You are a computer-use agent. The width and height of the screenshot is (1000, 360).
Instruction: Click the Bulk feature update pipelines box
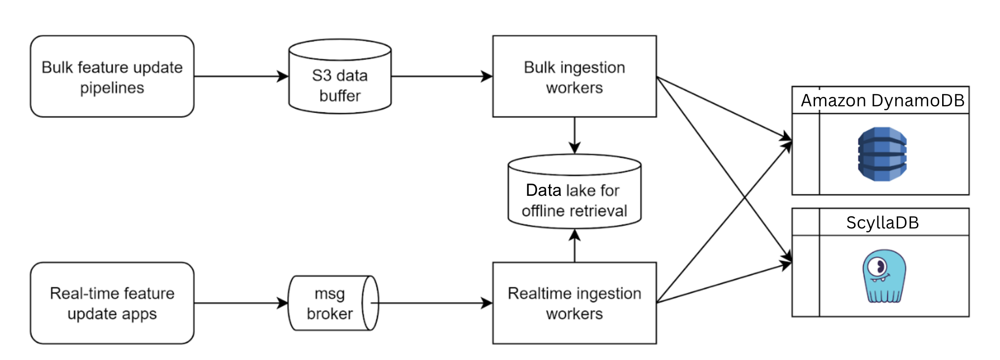(x=112, y=76)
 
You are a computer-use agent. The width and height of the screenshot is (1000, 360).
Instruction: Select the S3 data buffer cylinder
(x=340, y=76)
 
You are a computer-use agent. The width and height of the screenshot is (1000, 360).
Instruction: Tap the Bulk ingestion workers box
(x=575, y=76)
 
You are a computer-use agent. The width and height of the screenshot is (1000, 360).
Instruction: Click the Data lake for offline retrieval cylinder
(x=575, y=191)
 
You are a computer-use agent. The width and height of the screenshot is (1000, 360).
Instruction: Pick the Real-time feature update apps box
(x=112, y=303)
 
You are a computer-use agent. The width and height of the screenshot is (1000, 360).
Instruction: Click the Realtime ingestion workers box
(x=575, y=303)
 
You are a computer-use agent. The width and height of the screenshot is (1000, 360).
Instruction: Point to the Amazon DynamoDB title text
(x=883, y=100)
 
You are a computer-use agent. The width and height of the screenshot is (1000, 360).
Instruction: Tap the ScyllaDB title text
(x=883, y=223)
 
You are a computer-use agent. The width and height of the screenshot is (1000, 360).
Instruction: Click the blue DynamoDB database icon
(x=882, y=154)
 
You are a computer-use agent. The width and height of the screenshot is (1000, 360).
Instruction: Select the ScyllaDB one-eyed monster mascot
(x=884, y=276)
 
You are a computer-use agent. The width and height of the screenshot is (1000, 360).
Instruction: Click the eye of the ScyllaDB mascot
(x=878, y=267)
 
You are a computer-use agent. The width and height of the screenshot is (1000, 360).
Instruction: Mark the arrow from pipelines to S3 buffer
(x=241, y=76)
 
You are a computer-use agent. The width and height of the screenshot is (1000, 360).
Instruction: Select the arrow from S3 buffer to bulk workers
(x=442, y=76)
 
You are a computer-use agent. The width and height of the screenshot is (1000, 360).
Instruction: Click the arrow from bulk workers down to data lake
(x=575, y=135)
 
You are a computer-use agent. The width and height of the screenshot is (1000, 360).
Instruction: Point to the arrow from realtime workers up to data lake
(x=575, y=245)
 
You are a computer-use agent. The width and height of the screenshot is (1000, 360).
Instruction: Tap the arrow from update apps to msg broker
(x=241, y=303)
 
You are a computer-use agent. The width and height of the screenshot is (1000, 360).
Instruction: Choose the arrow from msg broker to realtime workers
(x=432, y=303)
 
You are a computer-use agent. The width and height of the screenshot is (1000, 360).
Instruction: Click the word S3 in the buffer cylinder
(x=321, y=76)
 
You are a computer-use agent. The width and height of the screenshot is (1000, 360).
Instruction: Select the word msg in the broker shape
(x=330, y=294)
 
